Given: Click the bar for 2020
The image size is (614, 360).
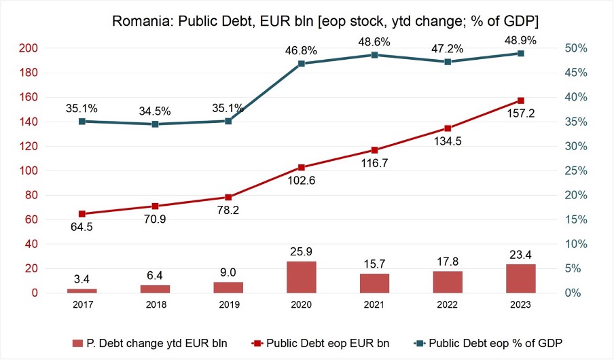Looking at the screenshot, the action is click(301, 277).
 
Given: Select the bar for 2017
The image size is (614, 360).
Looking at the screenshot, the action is click(82, 291).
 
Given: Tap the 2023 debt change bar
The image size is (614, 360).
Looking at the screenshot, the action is click(521, 278).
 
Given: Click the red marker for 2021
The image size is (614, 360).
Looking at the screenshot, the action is click(375, 150).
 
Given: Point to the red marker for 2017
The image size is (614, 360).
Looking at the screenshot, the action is click(82, 214).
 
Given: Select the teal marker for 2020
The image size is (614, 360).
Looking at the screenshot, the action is click(301, 63).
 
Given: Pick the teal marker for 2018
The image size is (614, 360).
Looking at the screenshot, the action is click(155, 124).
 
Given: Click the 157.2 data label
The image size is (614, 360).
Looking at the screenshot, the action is click(521, 113).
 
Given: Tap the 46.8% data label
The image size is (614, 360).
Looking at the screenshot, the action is click(301, 50).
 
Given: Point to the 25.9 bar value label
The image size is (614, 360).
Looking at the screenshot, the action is click(301, 251).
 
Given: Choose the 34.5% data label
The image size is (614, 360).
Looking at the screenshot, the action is click(155, 111).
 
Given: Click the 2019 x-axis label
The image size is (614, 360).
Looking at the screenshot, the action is click(229, 305).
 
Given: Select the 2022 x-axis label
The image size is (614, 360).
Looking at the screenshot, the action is click(447, 305).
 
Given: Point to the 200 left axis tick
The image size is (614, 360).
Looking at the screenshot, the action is click(29, 48).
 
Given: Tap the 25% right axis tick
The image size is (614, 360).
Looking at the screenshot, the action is click(576, 170).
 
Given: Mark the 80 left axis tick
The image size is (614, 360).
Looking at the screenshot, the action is click(31, 195).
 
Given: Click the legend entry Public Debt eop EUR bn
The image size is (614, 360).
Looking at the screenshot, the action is click(321, 344).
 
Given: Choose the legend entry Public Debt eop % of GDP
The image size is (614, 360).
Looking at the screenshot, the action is click(488, 344).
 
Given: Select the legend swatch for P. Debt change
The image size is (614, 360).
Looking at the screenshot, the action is click(77, 344).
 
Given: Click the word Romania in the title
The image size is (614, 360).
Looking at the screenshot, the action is click(141, 21).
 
